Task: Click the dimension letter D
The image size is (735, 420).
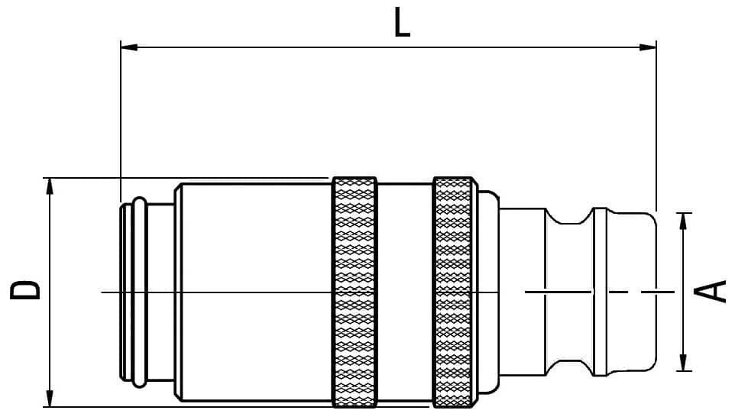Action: pyautogui.click(x=25, y=290)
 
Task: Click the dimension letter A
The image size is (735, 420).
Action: pyautogui.click(x=710, y=291)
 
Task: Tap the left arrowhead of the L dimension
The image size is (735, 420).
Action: pyautogui.click(x=129, y=47)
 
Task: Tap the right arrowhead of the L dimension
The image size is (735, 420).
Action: pyautogui.click(x=648, y=47)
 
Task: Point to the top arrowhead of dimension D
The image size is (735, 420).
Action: pyautogui.click(x=49, y=186)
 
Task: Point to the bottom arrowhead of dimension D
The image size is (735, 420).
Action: pyautogui.click(x=49, y=399)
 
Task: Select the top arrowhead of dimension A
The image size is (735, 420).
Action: pyautogui.click(x=684, y=221)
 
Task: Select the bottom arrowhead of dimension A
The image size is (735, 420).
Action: pyautogui.click(x=684, y=362)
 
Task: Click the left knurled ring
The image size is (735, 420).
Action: pyautogui.click(x=355, y=292)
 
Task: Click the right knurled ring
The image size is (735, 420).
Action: pyautogui.click(x=453, y=292)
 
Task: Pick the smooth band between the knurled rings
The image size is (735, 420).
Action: pyautogui.click(x=405, y=292)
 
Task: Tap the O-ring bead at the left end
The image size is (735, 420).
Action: pyautogui.click(x=140, y=292)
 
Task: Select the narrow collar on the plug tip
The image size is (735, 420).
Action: pyautogui.click(x=601, y=292)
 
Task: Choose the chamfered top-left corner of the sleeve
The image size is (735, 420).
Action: pyautogui.click(x=178, y=188)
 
